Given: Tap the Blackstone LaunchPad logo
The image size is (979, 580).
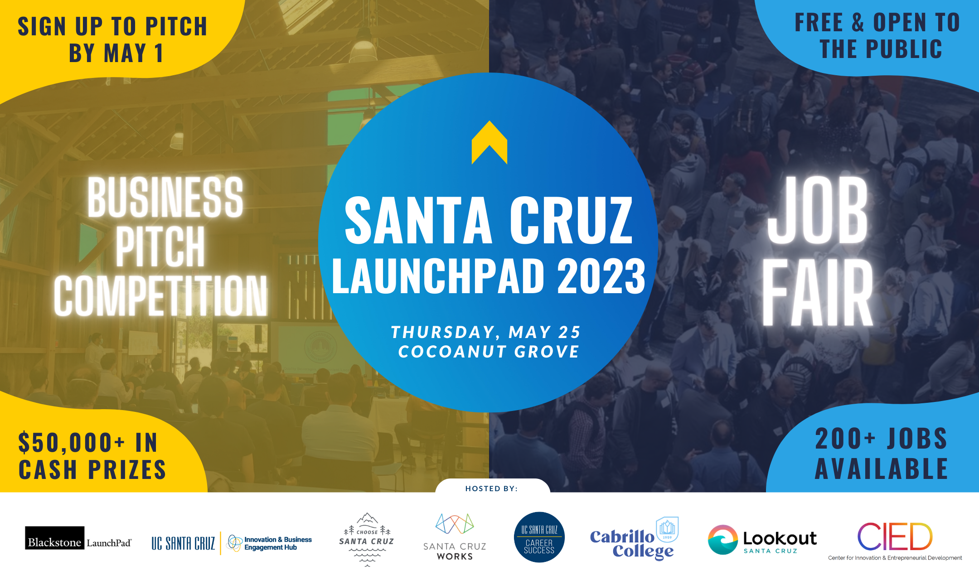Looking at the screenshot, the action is click(x=78, y=538).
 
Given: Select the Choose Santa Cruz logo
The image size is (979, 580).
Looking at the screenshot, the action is click(x=367, y=539).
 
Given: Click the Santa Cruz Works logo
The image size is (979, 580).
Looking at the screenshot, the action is click(x=455, y=537).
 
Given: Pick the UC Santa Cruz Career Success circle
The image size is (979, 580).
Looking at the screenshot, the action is click(x=539, y=537).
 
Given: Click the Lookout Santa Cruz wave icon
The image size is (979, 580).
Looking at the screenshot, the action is click(x=723, y=540).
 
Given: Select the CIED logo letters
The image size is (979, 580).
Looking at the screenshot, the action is click(x=895, y=536).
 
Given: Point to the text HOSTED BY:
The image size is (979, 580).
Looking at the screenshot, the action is click(x=491, y=488).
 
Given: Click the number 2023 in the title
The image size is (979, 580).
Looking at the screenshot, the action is click(x=601, y=275).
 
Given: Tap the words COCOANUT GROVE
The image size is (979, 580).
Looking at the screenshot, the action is click(x=489, y=352).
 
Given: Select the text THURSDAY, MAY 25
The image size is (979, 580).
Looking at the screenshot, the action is click(x=486, y=332).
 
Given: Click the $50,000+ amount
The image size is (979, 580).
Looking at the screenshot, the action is click(x=72, y=442).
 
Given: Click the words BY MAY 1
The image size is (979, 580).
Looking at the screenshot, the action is click(x=116, y=53).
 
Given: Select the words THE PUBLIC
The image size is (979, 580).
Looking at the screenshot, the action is click(x=881, y=49).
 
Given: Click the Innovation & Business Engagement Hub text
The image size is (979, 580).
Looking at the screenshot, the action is click(x=278, y=543).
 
